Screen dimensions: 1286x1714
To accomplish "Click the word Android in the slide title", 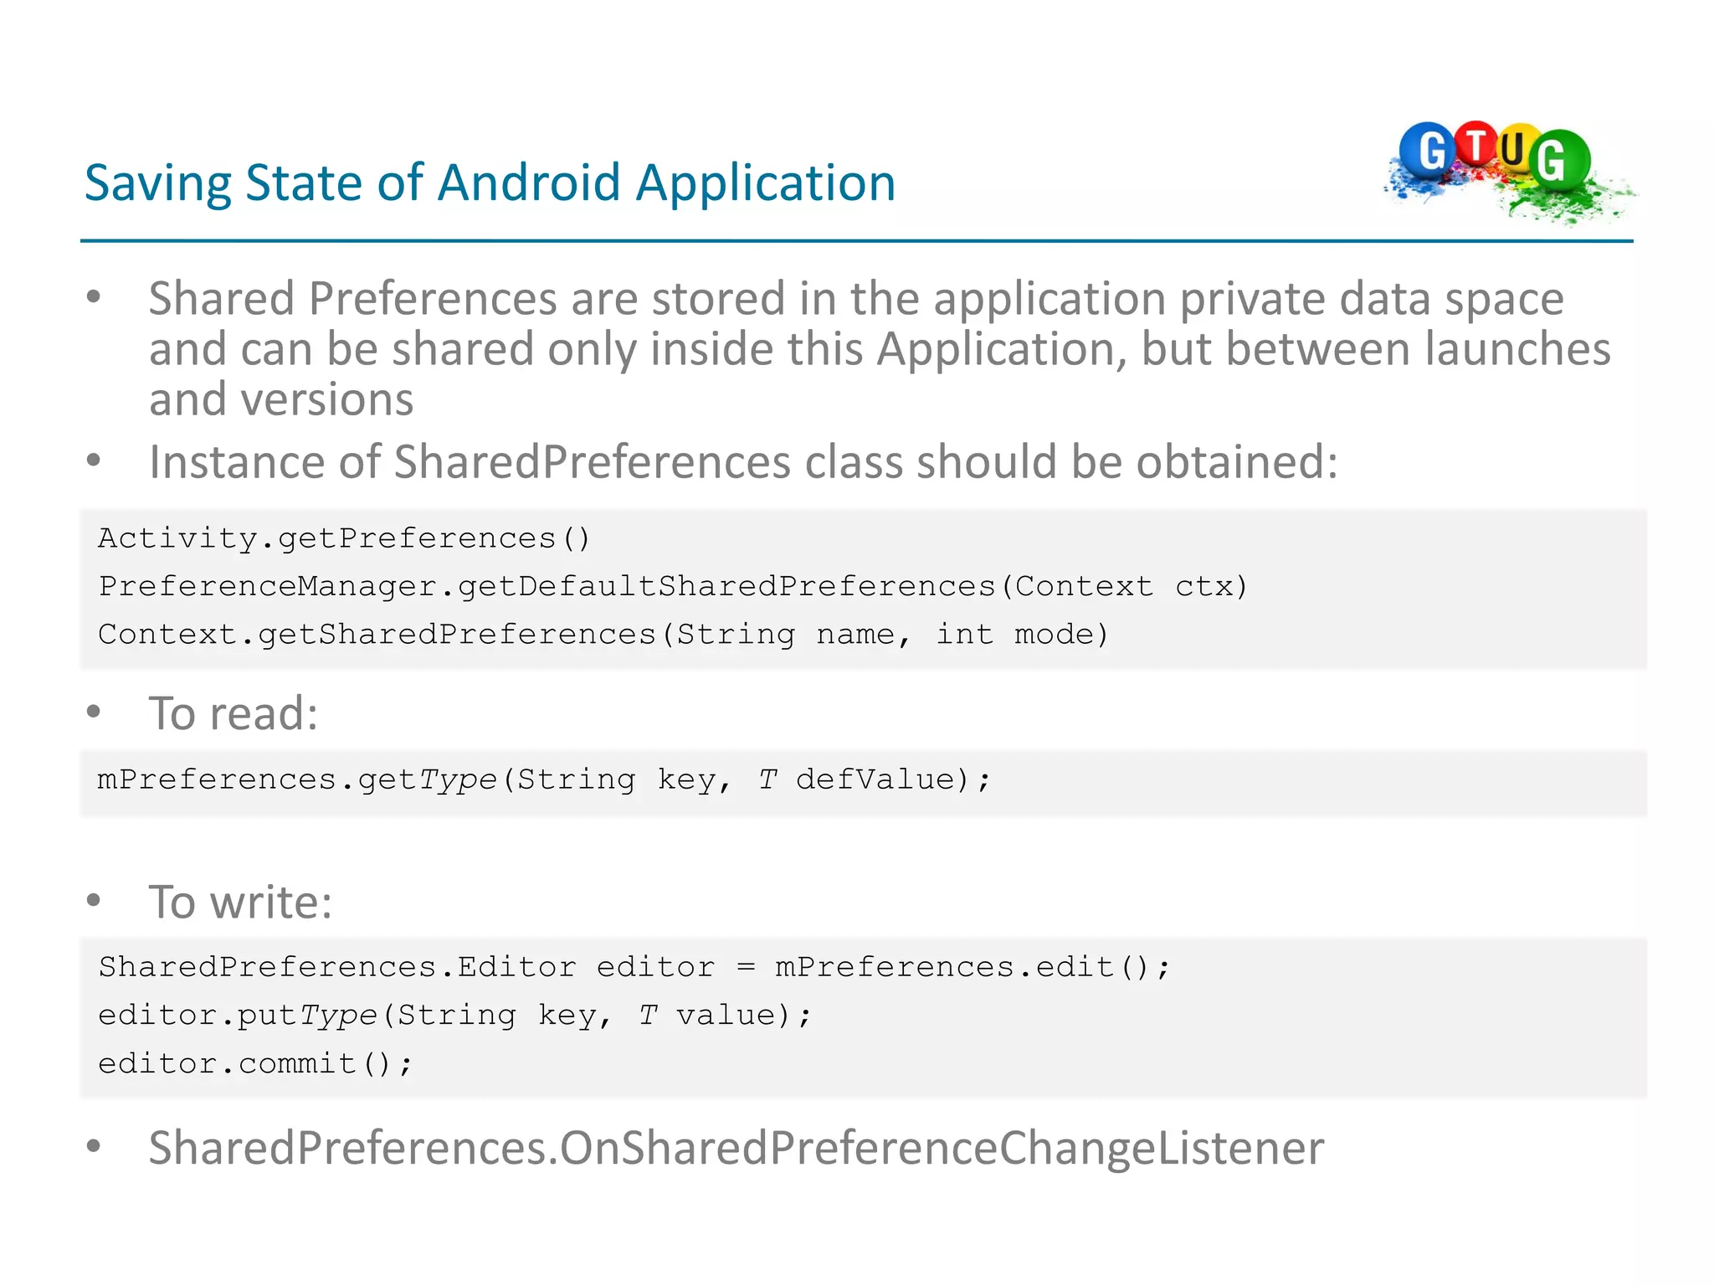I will click(528, 183).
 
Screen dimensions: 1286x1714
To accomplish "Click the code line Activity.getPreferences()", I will click(344, 538).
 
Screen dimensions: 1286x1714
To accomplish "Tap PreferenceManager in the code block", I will click(268, 586).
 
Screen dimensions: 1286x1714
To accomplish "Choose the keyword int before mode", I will click(964, 635).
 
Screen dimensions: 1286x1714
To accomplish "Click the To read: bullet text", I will click(233, 713).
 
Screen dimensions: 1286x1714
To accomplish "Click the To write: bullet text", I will click(241, 902).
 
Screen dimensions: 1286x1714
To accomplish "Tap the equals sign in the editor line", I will click(746, 968).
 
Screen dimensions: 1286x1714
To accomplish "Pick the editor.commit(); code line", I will click(255, 1064).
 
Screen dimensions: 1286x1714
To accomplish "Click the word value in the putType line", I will click(725, 1016).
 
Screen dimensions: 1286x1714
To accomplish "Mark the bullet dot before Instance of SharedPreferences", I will click(94, 460).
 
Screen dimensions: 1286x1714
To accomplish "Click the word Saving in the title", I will click(158, 183).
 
